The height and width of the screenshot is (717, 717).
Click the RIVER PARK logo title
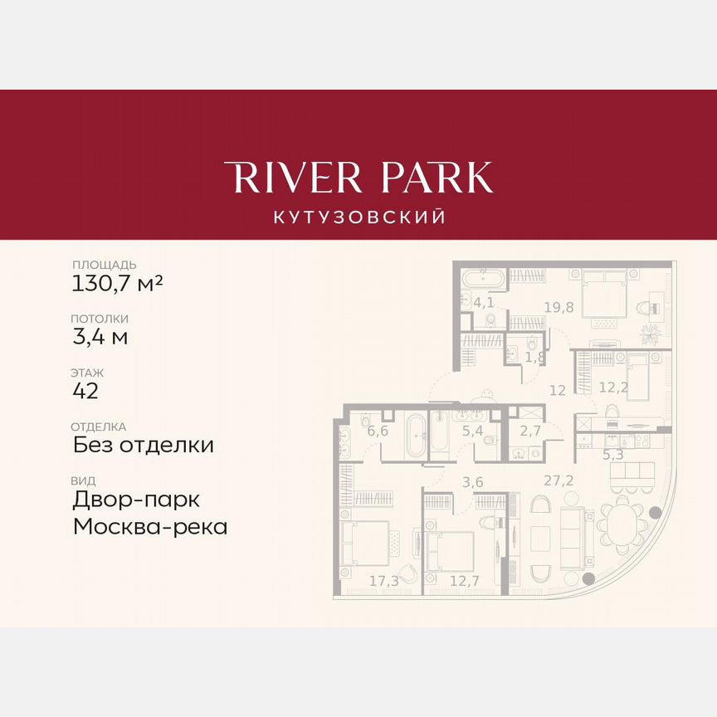[x=358, y=178]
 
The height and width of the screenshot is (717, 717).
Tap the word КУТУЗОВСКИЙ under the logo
[x=358, y=217]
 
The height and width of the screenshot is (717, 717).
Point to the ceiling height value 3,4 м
[x=100, y=337]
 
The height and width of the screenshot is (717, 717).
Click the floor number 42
[x=85, y=391]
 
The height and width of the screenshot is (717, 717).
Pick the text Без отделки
[x=143, y=445]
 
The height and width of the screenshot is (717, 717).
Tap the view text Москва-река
[x=149, y=526]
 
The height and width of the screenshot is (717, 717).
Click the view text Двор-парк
[x=136, y=500]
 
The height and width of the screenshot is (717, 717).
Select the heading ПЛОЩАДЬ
[x=104, y=265]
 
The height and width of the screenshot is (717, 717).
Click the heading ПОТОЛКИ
[x=100, y=319]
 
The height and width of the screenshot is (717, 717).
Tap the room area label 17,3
[x=383, y=581]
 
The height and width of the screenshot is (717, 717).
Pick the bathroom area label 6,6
[x=378, y=430]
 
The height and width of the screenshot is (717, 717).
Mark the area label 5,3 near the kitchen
[x=612, y=454]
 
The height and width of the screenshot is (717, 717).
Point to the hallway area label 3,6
[x=472, y=481]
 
